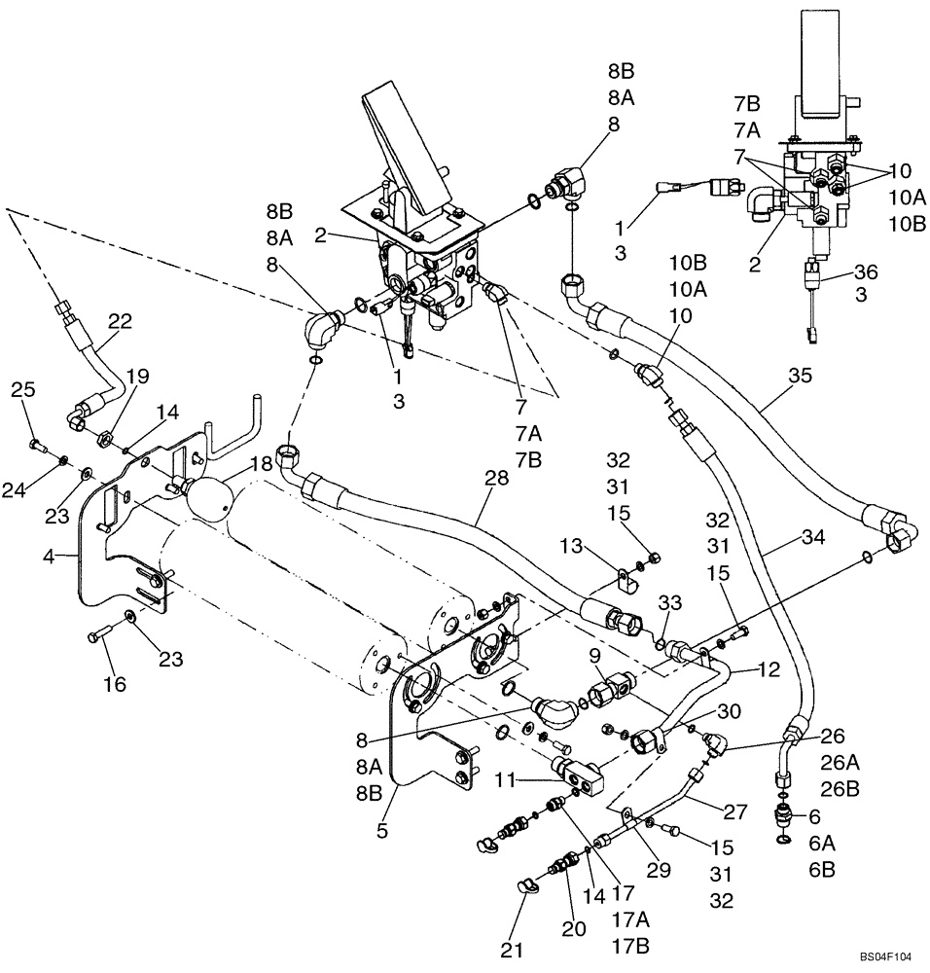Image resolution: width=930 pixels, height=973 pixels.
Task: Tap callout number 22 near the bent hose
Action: tap(119, 321)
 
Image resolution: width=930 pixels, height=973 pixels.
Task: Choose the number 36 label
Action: tap(865, 271)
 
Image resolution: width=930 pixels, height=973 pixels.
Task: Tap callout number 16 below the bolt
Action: tap(115, 684)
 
